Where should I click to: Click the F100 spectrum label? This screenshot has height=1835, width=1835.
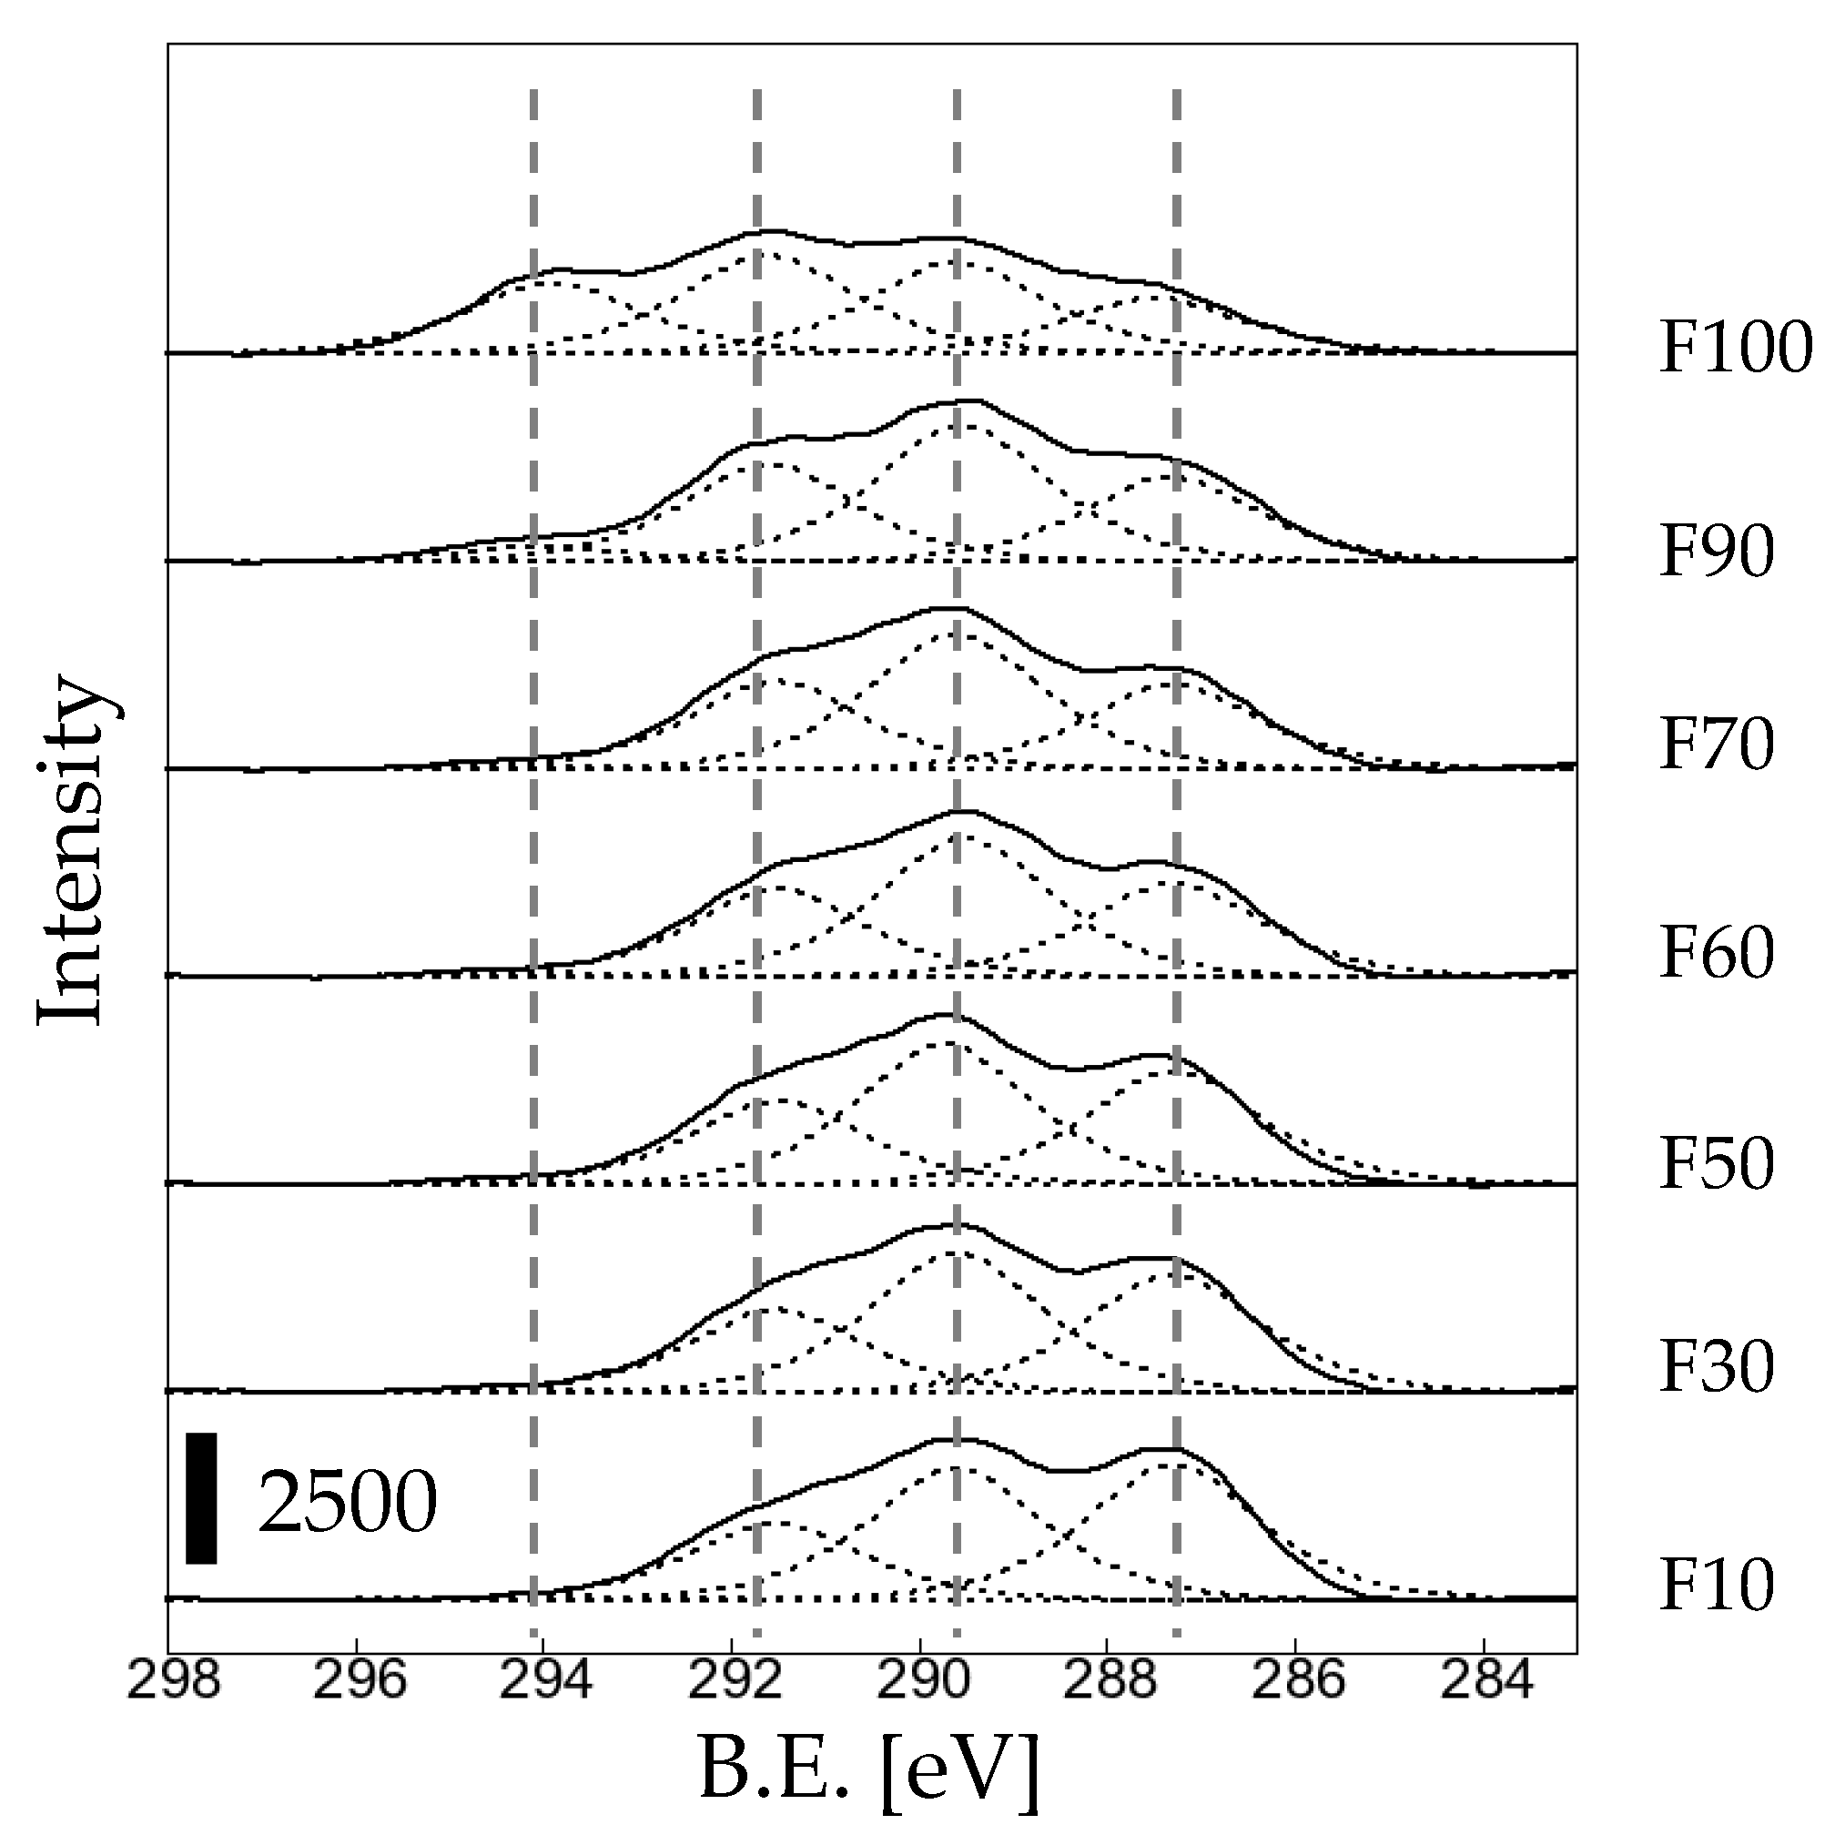(1735, 349)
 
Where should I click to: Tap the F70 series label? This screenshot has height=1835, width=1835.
(1717, 745)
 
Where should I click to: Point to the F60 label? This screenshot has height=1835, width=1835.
(1717, 953)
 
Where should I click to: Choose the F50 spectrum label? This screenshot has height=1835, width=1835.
(1717, 1163)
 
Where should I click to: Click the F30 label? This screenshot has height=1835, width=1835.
(1717, 1367)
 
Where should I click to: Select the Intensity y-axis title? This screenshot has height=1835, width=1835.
(68, 850)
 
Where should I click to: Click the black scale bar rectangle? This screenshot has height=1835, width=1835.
(201, 1498)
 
